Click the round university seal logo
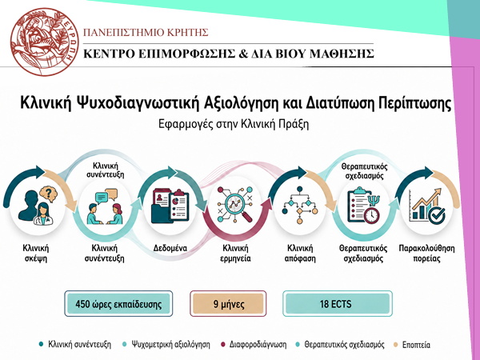click(x=45, y=42)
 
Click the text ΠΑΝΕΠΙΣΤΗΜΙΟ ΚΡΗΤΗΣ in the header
click(x=146, y=32)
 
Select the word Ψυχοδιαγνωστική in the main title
click(x=136, y=103)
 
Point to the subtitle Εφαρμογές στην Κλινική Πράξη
click(x=234, y=124)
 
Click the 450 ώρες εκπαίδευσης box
click(x=118, y=304)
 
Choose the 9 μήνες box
click(x=228, y=304)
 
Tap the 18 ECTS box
click(x=338, y=304)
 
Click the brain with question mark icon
click(x=48, y=194)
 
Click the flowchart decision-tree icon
click(x=300, y=205)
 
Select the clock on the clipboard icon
click(x=371, y=215)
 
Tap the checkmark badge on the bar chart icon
click(x=437, y=215)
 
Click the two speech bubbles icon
click(x=106, y=196)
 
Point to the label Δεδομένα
click(x=170, y=248)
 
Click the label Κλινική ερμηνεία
click(x=235, y=253)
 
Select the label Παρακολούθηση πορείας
click(x=426, y=253)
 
